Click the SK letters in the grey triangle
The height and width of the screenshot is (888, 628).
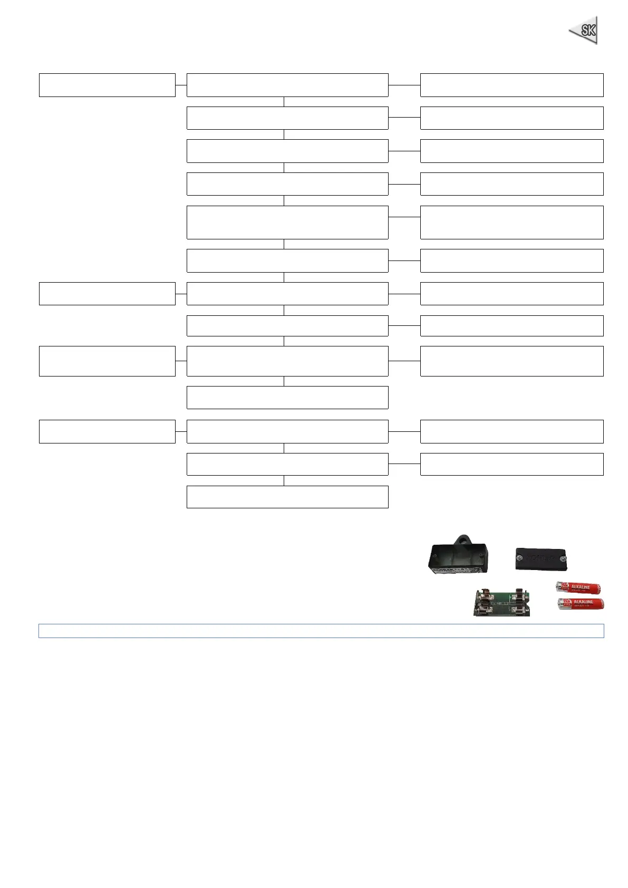[x=587, y=30]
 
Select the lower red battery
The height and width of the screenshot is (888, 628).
[x=581, y=604]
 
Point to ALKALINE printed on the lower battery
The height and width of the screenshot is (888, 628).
[x=583, y=602]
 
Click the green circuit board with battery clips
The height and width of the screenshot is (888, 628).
[x=501, y=603]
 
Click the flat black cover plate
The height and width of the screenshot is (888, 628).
[x=543, y=558]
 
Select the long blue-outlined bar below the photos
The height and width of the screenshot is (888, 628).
[x=321, y=631]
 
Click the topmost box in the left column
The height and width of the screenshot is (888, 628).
[x=107, y=85]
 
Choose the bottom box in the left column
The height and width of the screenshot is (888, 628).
[x=107, y=431]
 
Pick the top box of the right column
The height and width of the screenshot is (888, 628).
[x=511, y=85]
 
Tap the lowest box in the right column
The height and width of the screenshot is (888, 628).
[x=511, y=464]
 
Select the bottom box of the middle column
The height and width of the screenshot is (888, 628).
[x=287, y=497]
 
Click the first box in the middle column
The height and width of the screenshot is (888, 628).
[x=287, y=85]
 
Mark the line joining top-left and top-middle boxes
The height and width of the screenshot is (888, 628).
[x=181, y=85]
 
